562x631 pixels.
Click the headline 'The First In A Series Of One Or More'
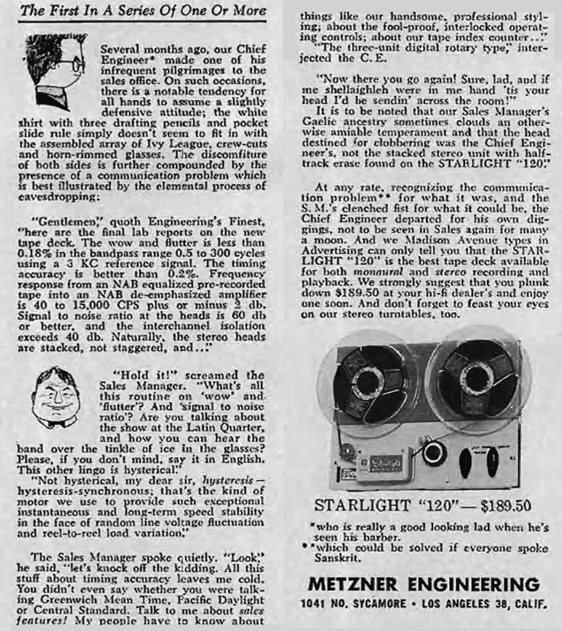(x=143, y=11)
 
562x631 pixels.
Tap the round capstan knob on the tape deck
(x=434, y=452)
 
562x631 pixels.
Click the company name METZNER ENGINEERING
(x=425, y=585)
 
